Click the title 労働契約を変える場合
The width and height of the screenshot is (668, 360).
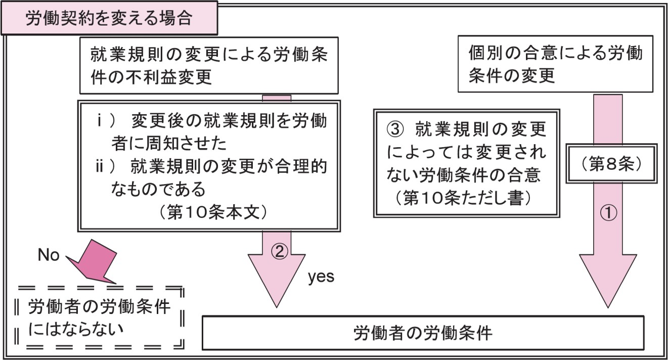point(109,18)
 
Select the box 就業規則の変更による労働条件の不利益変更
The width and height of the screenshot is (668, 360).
point(209,65)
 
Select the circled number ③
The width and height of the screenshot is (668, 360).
point(396,130)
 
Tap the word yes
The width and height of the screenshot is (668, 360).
point(321,277)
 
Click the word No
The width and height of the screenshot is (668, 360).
point(49,256)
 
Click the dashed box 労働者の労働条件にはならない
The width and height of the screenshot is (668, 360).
point(99,317)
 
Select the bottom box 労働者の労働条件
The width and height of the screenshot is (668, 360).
point(423,333)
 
